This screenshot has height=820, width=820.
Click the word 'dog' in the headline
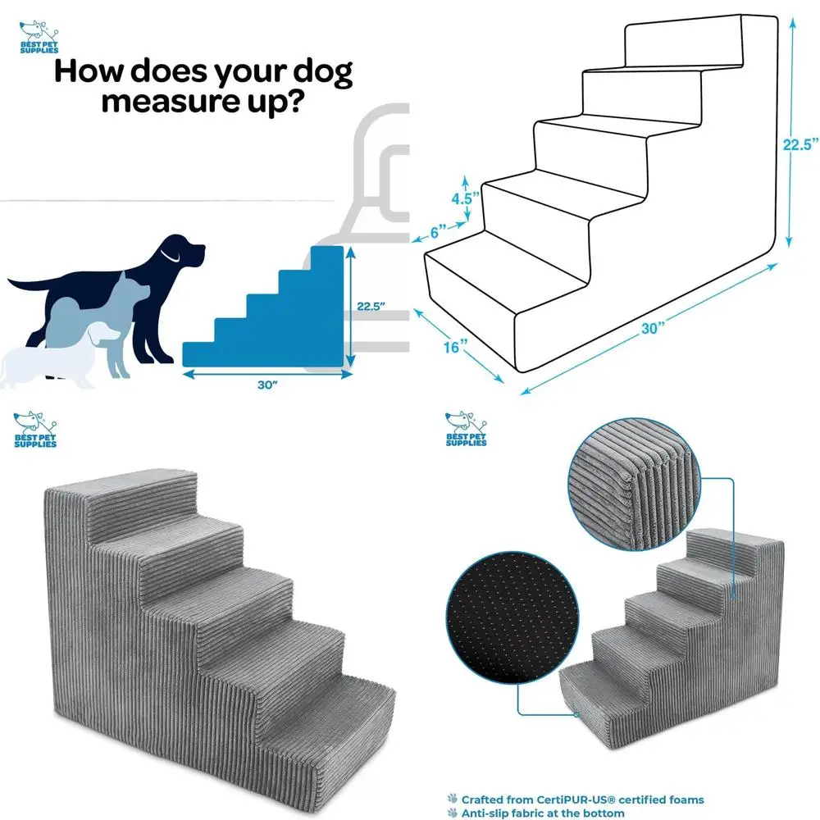[x=315, y=74]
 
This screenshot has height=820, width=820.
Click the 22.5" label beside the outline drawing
[x=799, y=145]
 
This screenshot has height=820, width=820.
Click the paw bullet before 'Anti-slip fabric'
[x=451, y=813]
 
